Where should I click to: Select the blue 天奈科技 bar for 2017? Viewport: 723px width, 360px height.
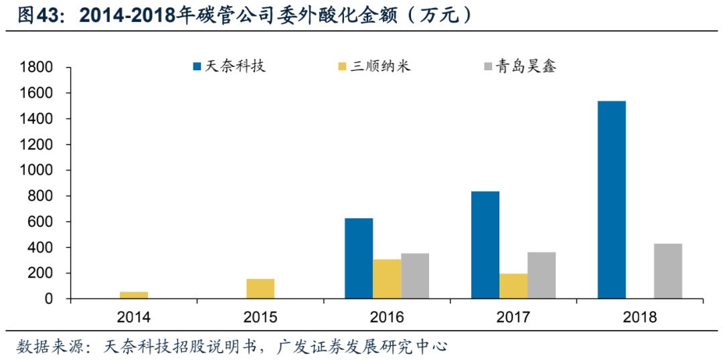[x=485, y=245]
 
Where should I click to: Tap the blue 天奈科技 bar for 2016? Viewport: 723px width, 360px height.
[x=359, y=258]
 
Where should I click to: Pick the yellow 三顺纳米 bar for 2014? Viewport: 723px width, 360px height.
[x=134, y=295]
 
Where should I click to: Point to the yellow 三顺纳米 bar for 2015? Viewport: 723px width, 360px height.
[x=260, y=288]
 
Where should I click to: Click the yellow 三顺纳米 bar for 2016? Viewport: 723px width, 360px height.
[x=387, y=278]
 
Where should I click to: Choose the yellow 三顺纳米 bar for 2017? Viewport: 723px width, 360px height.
[x=513, y=286]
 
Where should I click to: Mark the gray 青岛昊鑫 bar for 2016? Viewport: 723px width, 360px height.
[x=415, y=276]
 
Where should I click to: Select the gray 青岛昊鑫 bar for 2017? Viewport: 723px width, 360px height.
[x=541, y=275]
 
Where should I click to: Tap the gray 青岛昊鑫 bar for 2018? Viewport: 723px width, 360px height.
[x=667, y=271]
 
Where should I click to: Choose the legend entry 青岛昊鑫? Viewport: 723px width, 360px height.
[x=526, y=66]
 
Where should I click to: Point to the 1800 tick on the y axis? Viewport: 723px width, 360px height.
[x=37, y=68]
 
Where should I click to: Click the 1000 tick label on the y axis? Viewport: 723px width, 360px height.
[x=37, y=171]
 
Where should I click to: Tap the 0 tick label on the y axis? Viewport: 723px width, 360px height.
[x=48, y=299]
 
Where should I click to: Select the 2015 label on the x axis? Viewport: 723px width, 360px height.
[x=260, y=317]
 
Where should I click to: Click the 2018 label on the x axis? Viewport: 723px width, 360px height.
[x=639, y=317]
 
